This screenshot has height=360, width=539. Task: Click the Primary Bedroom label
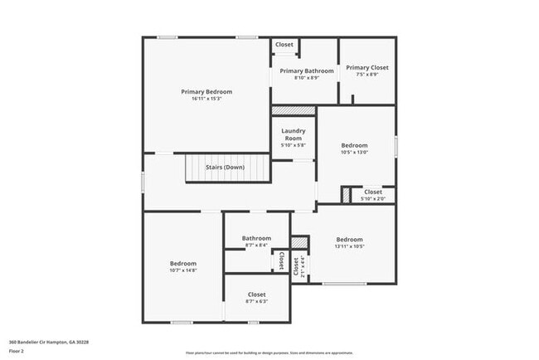pyautogui.click(x=206, y=91)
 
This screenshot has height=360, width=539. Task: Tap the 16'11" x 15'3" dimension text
pyautogui.click(x=206, y=99)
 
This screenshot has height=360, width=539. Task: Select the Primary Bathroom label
pyautogui.click(x=307, y=71)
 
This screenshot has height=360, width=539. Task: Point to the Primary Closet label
pyautogui.click(x=367, y=68)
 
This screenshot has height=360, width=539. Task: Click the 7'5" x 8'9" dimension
pyautogui.click(x=367, y=75)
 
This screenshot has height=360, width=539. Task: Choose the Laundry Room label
pyautogui.click(x=294, y=134)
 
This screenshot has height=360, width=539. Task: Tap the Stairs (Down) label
pyautogui.click(x=225, y=168)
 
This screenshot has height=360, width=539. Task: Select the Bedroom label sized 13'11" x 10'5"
pyautogui.click(x=350, y=240)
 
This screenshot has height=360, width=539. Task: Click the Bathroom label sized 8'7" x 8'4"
pyautogui.click(x=256, y=239)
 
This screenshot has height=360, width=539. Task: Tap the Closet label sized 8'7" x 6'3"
pyautogui.click(x=256, y=294)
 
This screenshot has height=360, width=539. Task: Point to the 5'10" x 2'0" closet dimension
pyautogui.click(x=372, y=199)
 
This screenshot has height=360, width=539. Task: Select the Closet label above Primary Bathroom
pyautogui.click(x=284, y=45)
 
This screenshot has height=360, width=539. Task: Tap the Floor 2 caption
pyautogui.click(x=17, y=350)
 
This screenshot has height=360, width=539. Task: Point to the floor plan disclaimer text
pyautogui.click(x=269, y=353)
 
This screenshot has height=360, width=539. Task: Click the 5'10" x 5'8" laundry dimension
pyautogui.click(x=294, y=145)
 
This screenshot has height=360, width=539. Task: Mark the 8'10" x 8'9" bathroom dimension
pyautogui.click(x=307, y=79)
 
